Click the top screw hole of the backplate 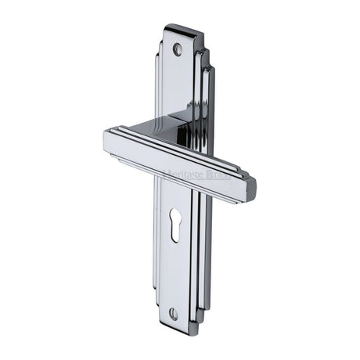[177, 49]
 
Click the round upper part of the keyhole [175, 214]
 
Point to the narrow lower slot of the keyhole [175, 228]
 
